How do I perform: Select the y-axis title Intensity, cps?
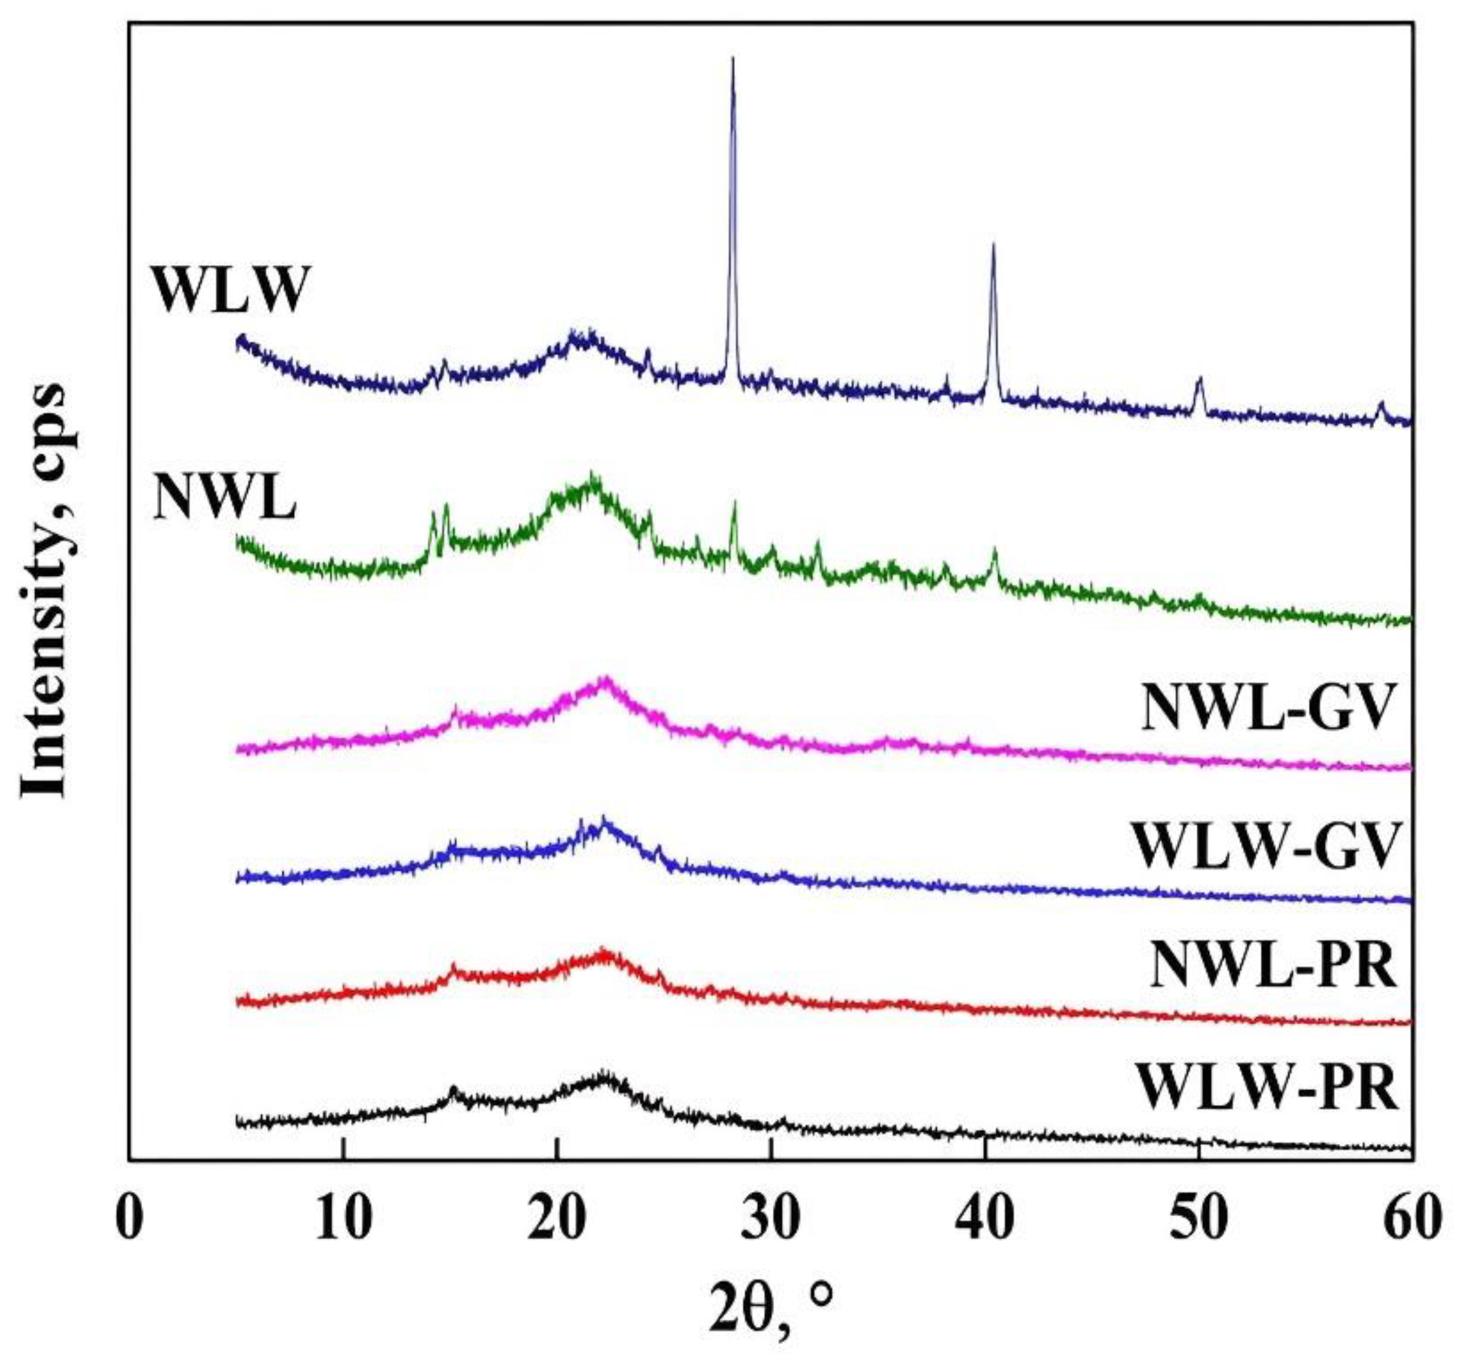coord(46,590)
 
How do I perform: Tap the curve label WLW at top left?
coord(228,291)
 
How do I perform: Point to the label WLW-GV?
coord(1263,846)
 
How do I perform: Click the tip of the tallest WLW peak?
coord(733,58)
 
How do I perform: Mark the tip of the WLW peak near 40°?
coord(993,244)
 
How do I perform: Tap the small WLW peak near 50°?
coord(1200,379)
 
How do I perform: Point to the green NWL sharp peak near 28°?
coord(734,503)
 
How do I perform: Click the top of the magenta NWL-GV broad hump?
coord(604,679)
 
